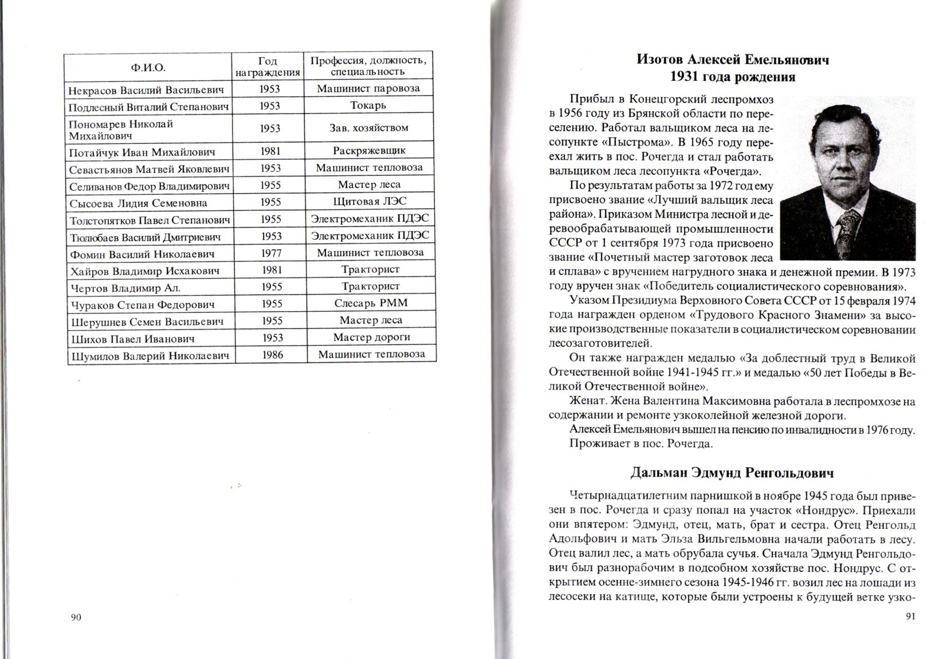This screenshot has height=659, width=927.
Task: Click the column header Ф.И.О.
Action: tap(148, 68)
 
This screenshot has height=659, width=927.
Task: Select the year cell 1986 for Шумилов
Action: tap(272, 355)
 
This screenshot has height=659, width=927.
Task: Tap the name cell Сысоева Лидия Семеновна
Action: tap(138, 203)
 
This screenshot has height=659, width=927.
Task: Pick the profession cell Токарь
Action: tap(368, 105)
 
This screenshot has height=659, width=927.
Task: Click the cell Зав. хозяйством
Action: tap(368, 128)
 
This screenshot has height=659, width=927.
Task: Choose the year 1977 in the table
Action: tap(271, 253)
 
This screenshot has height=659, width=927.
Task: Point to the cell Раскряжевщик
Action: tap(368, 151)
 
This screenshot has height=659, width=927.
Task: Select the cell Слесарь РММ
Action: tap(371, 303)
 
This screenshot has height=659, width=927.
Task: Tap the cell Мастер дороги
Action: tap(371, 338)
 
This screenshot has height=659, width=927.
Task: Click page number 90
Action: tap(76, 617)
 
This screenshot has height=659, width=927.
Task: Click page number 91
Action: tap(910, 616)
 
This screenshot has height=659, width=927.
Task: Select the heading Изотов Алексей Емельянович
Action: tap(733, 60)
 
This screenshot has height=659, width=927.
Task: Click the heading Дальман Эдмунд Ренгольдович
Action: tap(732, 473)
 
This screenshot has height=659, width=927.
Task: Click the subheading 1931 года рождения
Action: tap(733, 77)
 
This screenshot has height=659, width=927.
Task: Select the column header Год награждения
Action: tap(268, 67)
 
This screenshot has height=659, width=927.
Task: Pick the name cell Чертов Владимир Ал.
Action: tap(125, 288)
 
